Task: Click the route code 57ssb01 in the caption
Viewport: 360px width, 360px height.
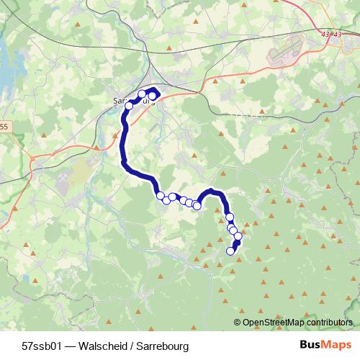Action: [x=42, y=346]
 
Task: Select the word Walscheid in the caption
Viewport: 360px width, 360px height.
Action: [x=103, y=346]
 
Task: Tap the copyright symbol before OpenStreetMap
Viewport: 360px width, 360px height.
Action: [x=238, y=323]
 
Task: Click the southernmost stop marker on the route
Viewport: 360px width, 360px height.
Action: [x=231, y=251]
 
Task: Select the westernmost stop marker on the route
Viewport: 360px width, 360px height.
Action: [x=130, y=106]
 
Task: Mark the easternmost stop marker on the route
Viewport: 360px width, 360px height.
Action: [x=238, y=236]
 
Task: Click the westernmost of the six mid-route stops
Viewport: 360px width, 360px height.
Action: [x=160, y=195]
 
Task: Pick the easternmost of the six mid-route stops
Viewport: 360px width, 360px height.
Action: [x=197, y=205]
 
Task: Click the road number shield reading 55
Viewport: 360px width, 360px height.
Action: [x=4, y=127]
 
